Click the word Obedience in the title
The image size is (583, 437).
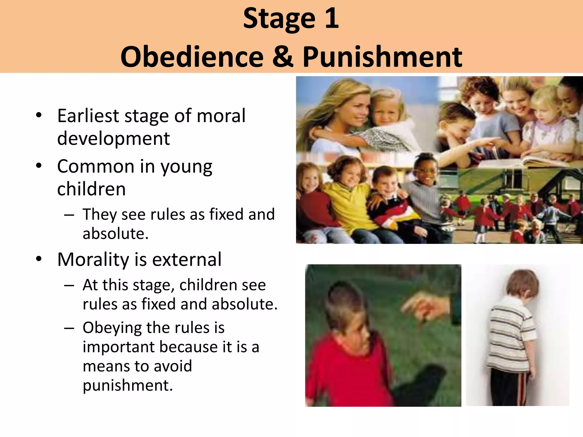click(192, 57)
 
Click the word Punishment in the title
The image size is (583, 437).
click(382, 57)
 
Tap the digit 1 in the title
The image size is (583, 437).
click(332, 18)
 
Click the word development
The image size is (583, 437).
click(113, 139)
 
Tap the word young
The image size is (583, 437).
click(186, 167)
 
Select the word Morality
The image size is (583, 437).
click(93, 260)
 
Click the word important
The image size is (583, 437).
click(119, 347)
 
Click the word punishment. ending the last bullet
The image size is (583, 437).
click(128, 386)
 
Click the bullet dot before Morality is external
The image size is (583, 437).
click(39, 259)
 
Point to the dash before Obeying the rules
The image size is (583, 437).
click(69, 328)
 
